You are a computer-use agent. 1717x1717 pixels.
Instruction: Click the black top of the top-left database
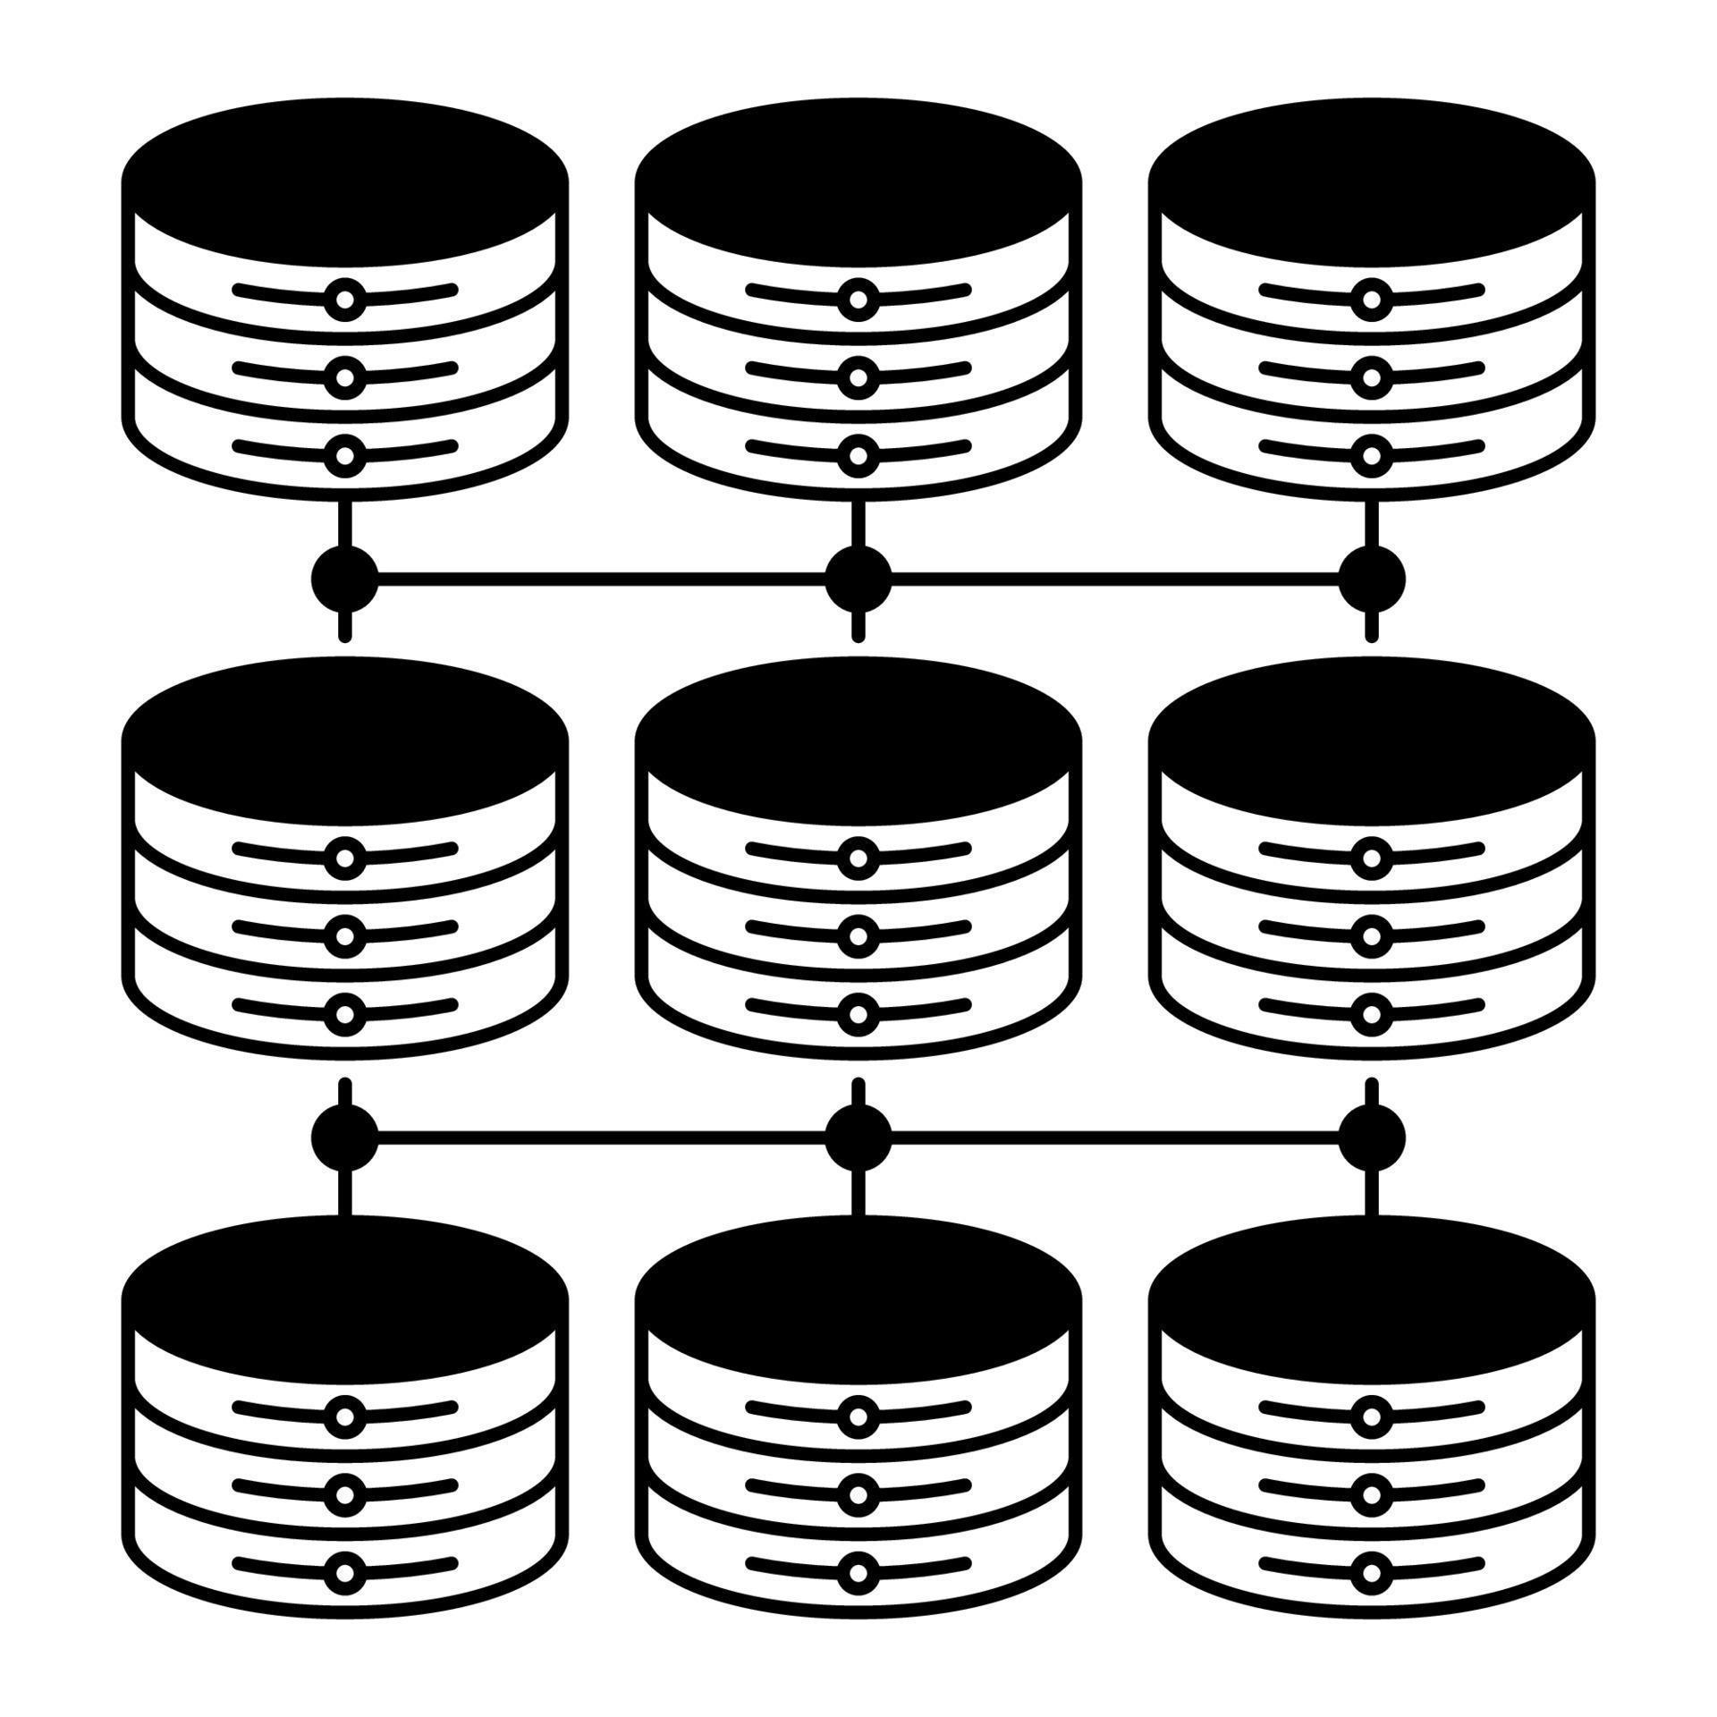(x=344, y=179)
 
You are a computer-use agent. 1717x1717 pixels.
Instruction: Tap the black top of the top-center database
(x=858, y=179)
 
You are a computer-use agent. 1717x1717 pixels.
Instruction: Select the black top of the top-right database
(x=1371, y=179)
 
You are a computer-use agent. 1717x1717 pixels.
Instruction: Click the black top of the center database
(x=858, y=738)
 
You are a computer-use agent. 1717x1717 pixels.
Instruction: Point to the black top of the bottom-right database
(x=1371, y=1297)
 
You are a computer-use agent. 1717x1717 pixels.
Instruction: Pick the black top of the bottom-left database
(x=344, y=1297)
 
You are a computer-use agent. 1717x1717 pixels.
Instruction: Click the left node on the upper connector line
(x=344, y=579)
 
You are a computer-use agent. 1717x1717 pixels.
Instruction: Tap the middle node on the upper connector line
(x=858, y=579)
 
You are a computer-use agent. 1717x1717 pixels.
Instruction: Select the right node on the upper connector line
(x=1371, y=579)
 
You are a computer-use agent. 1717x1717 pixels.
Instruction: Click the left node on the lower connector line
(x=344, y=1138)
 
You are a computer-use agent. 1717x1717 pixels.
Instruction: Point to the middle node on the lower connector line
(x=858, y=1138)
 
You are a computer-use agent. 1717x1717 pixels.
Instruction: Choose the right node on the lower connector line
(x=1371, y=1138)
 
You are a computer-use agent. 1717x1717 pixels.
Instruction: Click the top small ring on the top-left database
(x=344, y=300)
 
